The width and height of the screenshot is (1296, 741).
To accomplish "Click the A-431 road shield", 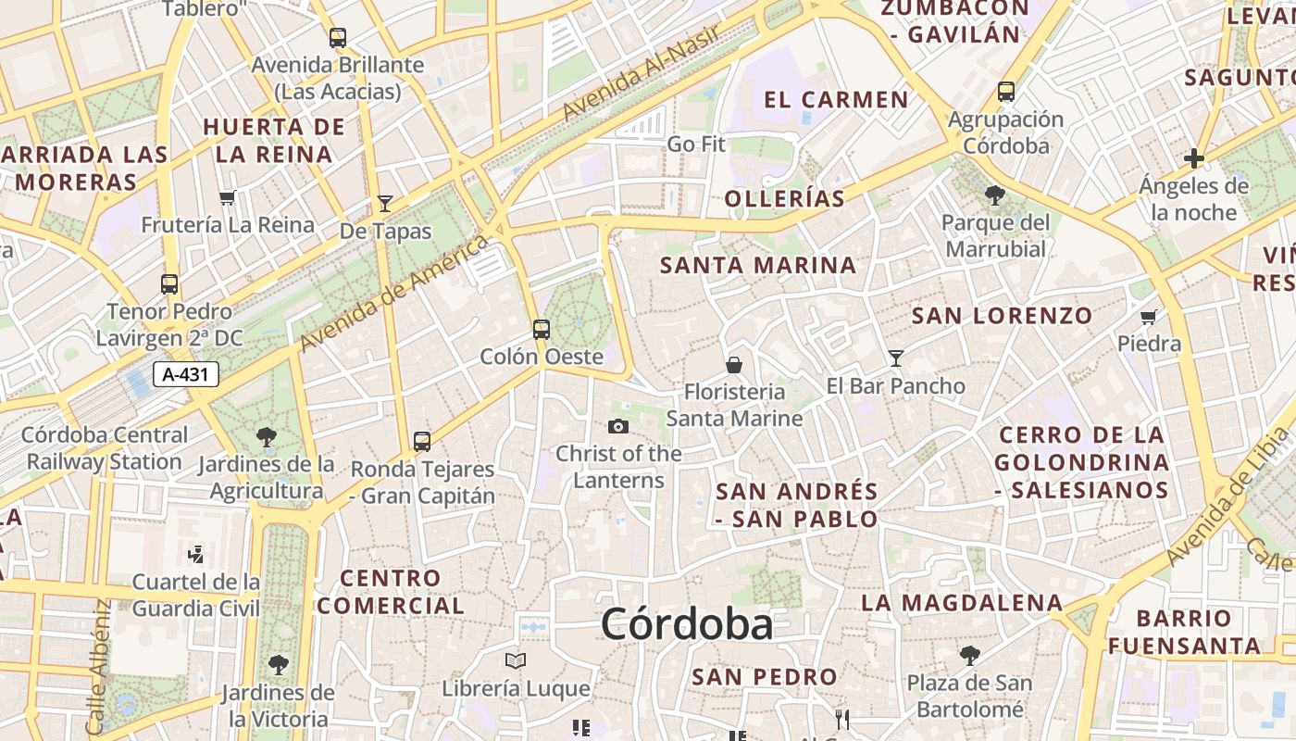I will [x=185, y=374].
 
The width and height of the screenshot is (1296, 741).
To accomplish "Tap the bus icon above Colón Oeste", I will [x=542, y=329].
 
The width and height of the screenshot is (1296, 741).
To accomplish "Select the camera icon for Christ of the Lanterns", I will [x=618, y=426].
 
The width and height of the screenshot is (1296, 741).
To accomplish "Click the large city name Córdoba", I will [x=687, y=624].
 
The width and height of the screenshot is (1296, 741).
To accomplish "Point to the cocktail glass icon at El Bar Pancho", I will [x=896, y=358].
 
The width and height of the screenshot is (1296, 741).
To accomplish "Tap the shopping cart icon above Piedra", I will [x=1149, y=317].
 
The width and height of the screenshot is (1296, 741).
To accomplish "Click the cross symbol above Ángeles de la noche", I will [x=1194, y=158].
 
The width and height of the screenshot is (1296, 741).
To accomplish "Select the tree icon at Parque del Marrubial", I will [x=996, y=195].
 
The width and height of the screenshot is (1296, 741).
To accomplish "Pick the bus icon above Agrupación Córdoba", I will [x=1006, y=92].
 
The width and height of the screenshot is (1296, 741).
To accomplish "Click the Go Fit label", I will [x=696, y=144].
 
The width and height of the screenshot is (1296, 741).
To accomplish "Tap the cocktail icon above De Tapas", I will [x=385, y=203].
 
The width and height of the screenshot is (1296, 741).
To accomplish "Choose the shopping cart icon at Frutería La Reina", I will [x=228, y=197].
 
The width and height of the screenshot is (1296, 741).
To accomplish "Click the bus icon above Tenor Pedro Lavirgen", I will [x=169, y=283].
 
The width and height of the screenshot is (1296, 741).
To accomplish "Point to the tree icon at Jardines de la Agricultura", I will [x=267, y=435].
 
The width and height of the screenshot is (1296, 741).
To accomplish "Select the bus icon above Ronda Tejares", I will [x=422, y=441].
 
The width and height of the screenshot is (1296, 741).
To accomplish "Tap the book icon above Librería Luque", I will [x=516, y=661].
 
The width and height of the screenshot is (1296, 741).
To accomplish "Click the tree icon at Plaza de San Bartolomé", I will [x=969, y=656].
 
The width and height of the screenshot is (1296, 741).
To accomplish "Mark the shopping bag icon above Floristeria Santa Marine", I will [x=734, y=365].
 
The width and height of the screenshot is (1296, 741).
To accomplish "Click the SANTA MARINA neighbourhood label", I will [x=758, y=265].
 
